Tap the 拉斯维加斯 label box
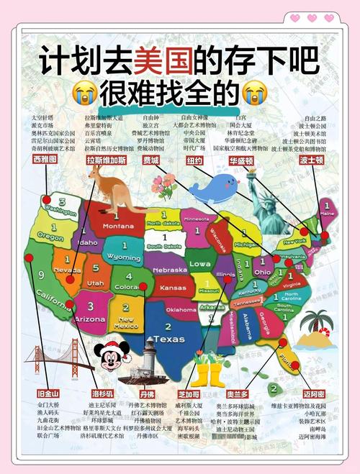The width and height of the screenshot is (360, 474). click(106, 160)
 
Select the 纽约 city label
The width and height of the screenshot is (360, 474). click(194, 160)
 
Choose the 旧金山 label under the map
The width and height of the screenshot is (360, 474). click(48, 393)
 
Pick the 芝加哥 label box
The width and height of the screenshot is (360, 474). click(190, 393)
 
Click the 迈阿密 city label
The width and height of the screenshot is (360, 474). click(313, 393)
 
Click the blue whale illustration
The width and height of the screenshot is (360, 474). click(215, 188)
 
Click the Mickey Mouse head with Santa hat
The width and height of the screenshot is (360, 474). click(113, 354)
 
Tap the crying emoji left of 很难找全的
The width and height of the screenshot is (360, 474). click(85, 92)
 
